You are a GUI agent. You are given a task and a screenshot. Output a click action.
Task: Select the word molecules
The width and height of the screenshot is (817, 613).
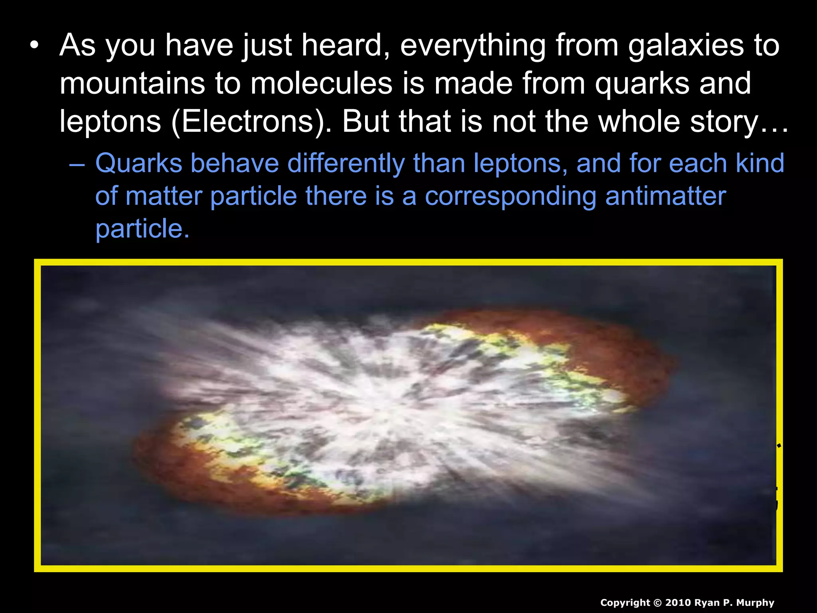[x=321, y=83]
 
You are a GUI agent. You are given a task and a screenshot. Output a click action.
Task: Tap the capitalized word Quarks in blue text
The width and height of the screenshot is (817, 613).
[x=138, y=163]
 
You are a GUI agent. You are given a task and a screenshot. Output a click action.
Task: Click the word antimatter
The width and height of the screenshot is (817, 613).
[x=665, y=196]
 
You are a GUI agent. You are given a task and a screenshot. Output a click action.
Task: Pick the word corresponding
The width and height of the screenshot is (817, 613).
[x=510, y=196]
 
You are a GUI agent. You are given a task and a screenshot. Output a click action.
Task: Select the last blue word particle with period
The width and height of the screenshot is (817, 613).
[x=142, y=229]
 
